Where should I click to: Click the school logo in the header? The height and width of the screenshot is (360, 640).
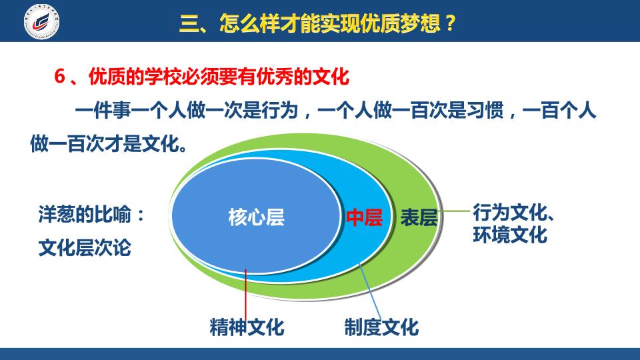pyautogui.click(x=41, y=21)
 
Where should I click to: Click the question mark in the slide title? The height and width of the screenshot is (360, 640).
pyautogui.click(x=450, y=23)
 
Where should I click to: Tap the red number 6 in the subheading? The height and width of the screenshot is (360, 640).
pyautogui.click(x=60, y=76)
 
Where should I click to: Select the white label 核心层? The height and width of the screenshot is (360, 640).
pyautogui.click(x=256, y=217)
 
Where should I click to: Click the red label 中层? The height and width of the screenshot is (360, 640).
pyautogui.click(x=365, y=217)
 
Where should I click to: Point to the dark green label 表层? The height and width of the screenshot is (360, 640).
pyautogui.click(x=419, y=217)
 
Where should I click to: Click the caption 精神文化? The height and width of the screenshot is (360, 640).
pyautogui.click(x=247, y=327)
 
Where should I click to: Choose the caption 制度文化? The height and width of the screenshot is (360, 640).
pyautogui.click(x=381, y=327)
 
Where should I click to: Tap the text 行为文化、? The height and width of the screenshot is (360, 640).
pyautogui.click(x=513, y=212)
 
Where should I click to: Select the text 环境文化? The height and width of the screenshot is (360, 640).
pyautogui.click(x=510, y=235)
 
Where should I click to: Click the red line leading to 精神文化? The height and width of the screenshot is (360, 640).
pyautogui.click(x=246, y=294)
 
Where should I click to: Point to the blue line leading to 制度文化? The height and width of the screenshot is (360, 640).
pyautogui.click(x=370, y=291)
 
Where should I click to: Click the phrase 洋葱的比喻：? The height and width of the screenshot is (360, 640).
pyautogui.click(x=92, y=214)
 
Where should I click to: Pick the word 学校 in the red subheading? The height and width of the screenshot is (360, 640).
pyautogui.click(x=163, y=76)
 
